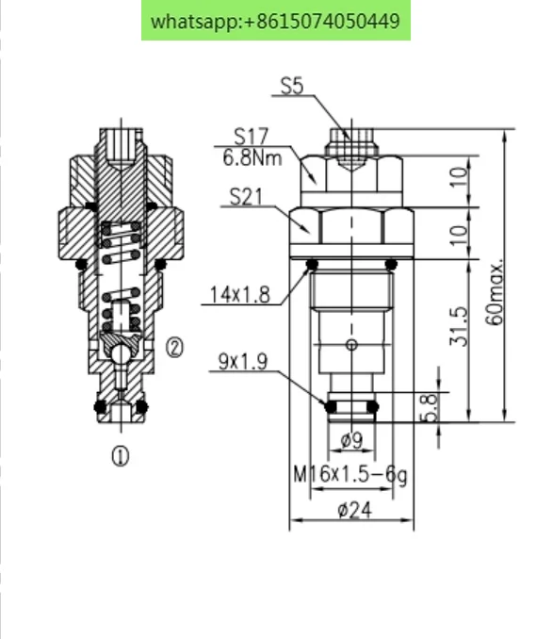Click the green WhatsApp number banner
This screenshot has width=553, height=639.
tap(276, 21)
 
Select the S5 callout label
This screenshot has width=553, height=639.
tap(292, 87)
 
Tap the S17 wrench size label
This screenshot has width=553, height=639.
tap(252, 137)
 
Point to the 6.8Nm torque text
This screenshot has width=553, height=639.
tap(252, 158)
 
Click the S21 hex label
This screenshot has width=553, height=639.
tap(247, 197)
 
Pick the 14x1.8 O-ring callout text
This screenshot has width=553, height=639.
tap(240, 294)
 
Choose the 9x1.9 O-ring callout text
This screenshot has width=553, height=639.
tap(243, 362)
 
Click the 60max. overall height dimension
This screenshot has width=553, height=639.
tap(495, 292)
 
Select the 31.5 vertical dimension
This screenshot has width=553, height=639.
tap(459, 326)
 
